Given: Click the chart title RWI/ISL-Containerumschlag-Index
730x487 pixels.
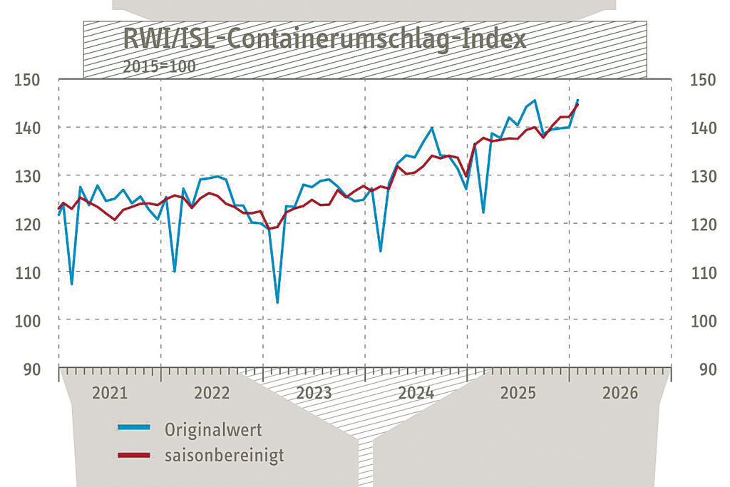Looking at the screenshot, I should click(x=324, y=39).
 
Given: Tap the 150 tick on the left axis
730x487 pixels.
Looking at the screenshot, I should click(x=28, y=78).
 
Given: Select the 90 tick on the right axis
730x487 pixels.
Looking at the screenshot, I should click(x=706, y=369).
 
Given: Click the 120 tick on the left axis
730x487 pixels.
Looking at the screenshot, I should click(x=28, y=224).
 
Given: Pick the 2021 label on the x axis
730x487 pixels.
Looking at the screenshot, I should click(x=110, y=393).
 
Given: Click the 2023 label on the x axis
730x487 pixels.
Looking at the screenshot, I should click(x=314, y=393).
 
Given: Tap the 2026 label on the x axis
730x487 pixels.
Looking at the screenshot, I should click(x=620, y=393).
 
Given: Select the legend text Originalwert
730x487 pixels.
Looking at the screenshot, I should click(x=213, y=429).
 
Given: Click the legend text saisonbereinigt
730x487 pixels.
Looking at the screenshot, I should click(x=224, y=455).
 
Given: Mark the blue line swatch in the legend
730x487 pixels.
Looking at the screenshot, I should click(x=134, y=428).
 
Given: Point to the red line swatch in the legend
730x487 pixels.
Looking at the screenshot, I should click(x=134, y=454).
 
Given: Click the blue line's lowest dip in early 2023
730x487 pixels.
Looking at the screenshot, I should click(x=277, y=302).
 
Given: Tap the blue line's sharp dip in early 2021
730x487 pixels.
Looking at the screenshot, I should click(x=71, y=284).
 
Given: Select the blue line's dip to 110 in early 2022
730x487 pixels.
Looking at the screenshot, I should click(x=175, y=272).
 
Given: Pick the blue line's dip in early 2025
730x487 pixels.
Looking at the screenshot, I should click(x=483, y=212).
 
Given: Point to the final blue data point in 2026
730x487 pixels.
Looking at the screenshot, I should click(x=577, y=100).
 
